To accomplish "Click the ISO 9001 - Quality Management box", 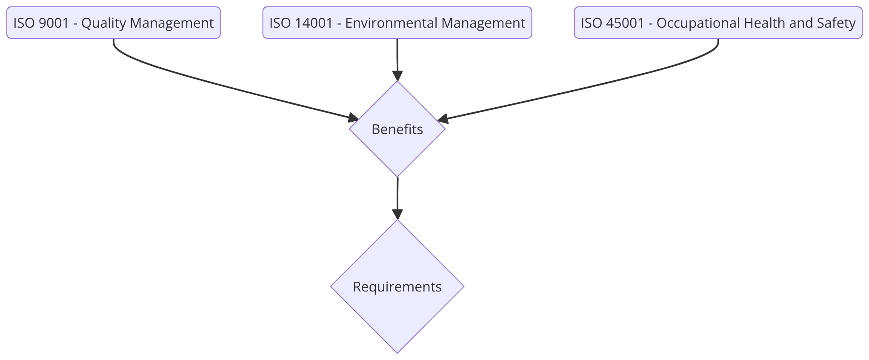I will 113,23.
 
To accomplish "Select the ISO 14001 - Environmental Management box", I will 397,23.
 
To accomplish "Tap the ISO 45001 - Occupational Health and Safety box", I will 718,23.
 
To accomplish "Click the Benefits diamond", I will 397,129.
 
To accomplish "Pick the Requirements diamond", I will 397,286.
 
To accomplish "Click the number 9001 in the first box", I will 54,23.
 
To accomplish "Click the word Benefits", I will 397,129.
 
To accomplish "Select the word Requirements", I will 397,287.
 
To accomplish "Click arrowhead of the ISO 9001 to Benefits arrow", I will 354,118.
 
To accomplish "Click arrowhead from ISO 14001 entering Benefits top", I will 397,76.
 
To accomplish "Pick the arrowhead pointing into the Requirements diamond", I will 397,214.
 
